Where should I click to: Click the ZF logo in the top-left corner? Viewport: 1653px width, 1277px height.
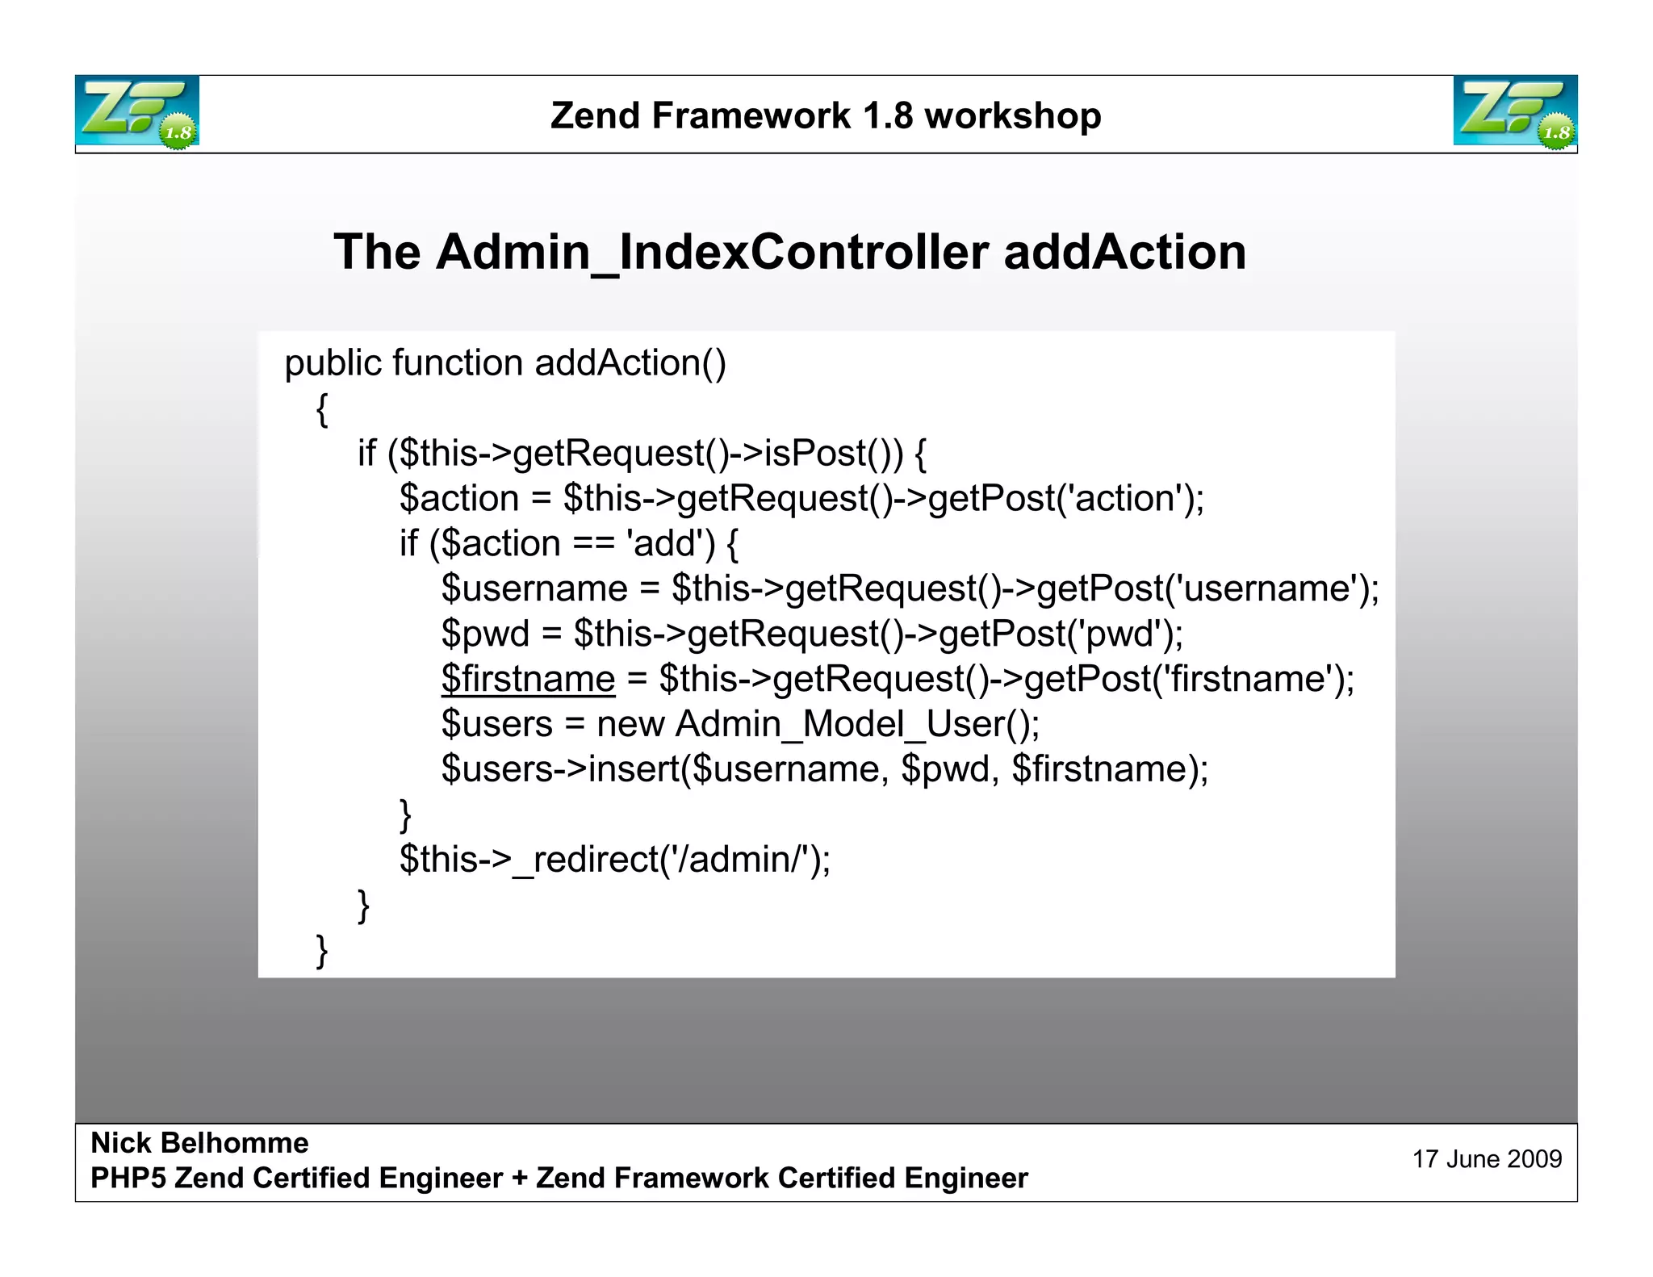tap(137, 111)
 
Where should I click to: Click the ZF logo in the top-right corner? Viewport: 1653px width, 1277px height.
tap(1515, 111)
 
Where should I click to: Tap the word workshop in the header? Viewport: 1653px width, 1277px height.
tap(1013, 116)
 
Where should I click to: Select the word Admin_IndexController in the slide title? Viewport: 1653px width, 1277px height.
tap(712, 252)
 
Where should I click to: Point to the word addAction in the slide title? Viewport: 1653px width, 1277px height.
tap(1124, 252)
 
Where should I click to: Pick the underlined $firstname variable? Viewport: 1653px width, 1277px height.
tap(528, 679)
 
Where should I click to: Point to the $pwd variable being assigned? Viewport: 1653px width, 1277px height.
tap(484, 634)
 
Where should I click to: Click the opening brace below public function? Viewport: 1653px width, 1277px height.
tap(322, 409)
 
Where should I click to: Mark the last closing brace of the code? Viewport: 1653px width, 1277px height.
tap(322, 950)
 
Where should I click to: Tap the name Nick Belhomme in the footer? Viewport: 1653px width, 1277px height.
tap(199, 1143)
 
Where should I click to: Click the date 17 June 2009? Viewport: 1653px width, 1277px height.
tap(1487, 1159)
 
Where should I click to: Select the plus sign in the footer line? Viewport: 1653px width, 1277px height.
tap(519, 1179)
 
